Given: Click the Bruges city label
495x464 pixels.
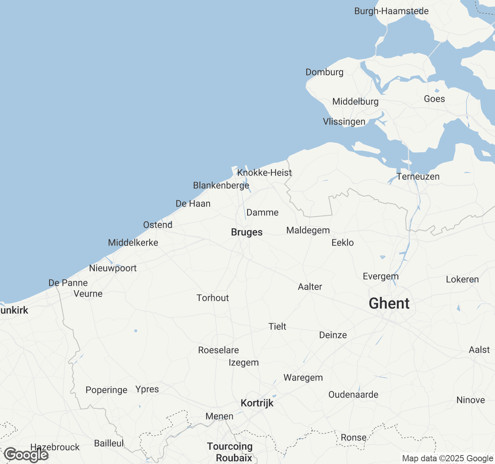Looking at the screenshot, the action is point(247,232).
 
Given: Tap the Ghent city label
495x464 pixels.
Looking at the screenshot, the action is point(389,304).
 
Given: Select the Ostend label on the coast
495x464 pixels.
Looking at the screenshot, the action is point(158,225).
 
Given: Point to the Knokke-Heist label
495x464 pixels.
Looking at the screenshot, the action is point(265,173).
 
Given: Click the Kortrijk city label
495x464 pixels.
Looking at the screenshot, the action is point(257,403).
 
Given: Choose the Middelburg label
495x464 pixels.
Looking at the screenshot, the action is point(355,102).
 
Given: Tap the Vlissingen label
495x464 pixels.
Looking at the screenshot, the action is point(344,122).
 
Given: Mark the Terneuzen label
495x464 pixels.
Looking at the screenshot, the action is point(418,177).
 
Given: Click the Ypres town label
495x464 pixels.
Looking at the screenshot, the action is point(147,389).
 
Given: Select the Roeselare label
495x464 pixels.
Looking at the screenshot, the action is point(218,350).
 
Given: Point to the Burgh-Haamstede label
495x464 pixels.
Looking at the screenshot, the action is point(391,11).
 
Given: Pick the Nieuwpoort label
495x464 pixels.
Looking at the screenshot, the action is point(113,268).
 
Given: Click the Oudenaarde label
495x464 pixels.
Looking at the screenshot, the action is point(353,395).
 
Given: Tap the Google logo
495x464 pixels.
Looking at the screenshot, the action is point(26,455).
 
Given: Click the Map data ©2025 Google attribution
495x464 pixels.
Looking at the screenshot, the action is point(447,459).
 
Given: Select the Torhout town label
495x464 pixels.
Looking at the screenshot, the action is point(213,298).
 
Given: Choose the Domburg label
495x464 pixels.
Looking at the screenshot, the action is point(324,72).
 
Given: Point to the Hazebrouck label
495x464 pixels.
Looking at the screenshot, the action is point(55,447).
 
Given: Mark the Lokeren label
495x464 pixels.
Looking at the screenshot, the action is point(463,280).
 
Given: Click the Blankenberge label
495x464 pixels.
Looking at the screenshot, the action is point(221,186).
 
